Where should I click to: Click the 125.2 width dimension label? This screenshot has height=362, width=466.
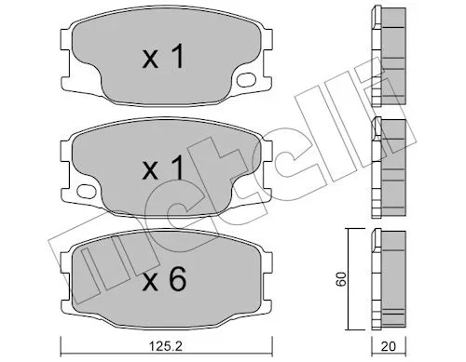tap(166, 346)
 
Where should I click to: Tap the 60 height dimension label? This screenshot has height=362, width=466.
tap(341, 279)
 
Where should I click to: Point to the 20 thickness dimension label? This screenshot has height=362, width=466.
tap(389, 346)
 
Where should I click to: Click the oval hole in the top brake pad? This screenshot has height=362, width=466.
tap(246, 79)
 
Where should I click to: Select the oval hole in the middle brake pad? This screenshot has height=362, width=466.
tap(86, 191)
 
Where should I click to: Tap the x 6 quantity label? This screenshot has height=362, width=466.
tap(164, 278)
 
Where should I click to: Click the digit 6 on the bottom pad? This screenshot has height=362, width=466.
tap(177, 278)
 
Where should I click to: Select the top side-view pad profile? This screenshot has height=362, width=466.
tap(389, 57)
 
